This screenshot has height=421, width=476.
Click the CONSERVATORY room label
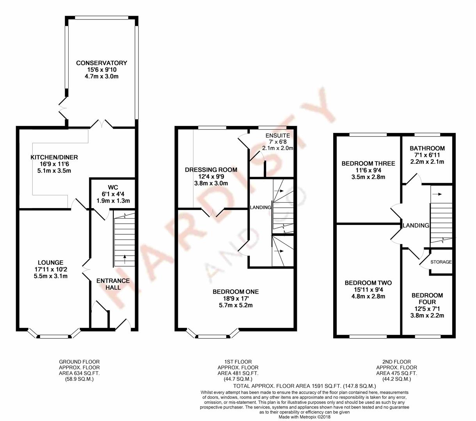point(101,63)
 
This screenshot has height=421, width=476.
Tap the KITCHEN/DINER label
point(54,157)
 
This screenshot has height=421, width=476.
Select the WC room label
point(113,188)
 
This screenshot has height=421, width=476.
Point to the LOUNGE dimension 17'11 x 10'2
point(50,269)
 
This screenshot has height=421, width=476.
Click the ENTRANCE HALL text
point(113,284)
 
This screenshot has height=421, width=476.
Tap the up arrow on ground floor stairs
point(124,259)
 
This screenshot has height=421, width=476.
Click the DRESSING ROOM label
point(211,170)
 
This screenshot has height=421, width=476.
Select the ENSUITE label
point(278,136)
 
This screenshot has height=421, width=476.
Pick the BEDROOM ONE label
point(236,292)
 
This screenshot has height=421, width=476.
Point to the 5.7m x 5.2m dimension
point(236,305)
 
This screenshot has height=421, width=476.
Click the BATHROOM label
point(427,149)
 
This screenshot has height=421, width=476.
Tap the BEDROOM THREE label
point(368,163)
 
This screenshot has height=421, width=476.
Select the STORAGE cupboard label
point(441,262)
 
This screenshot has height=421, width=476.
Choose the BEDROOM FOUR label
point(427,299)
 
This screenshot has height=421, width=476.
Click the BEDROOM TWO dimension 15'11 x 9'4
point(368,290)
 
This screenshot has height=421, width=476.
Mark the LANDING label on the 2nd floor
point(416,225)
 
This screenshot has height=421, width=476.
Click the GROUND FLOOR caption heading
point(80,362)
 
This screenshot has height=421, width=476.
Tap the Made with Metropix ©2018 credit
point(304,417)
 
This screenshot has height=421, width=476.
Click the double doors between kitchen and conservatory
point(102,124)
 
